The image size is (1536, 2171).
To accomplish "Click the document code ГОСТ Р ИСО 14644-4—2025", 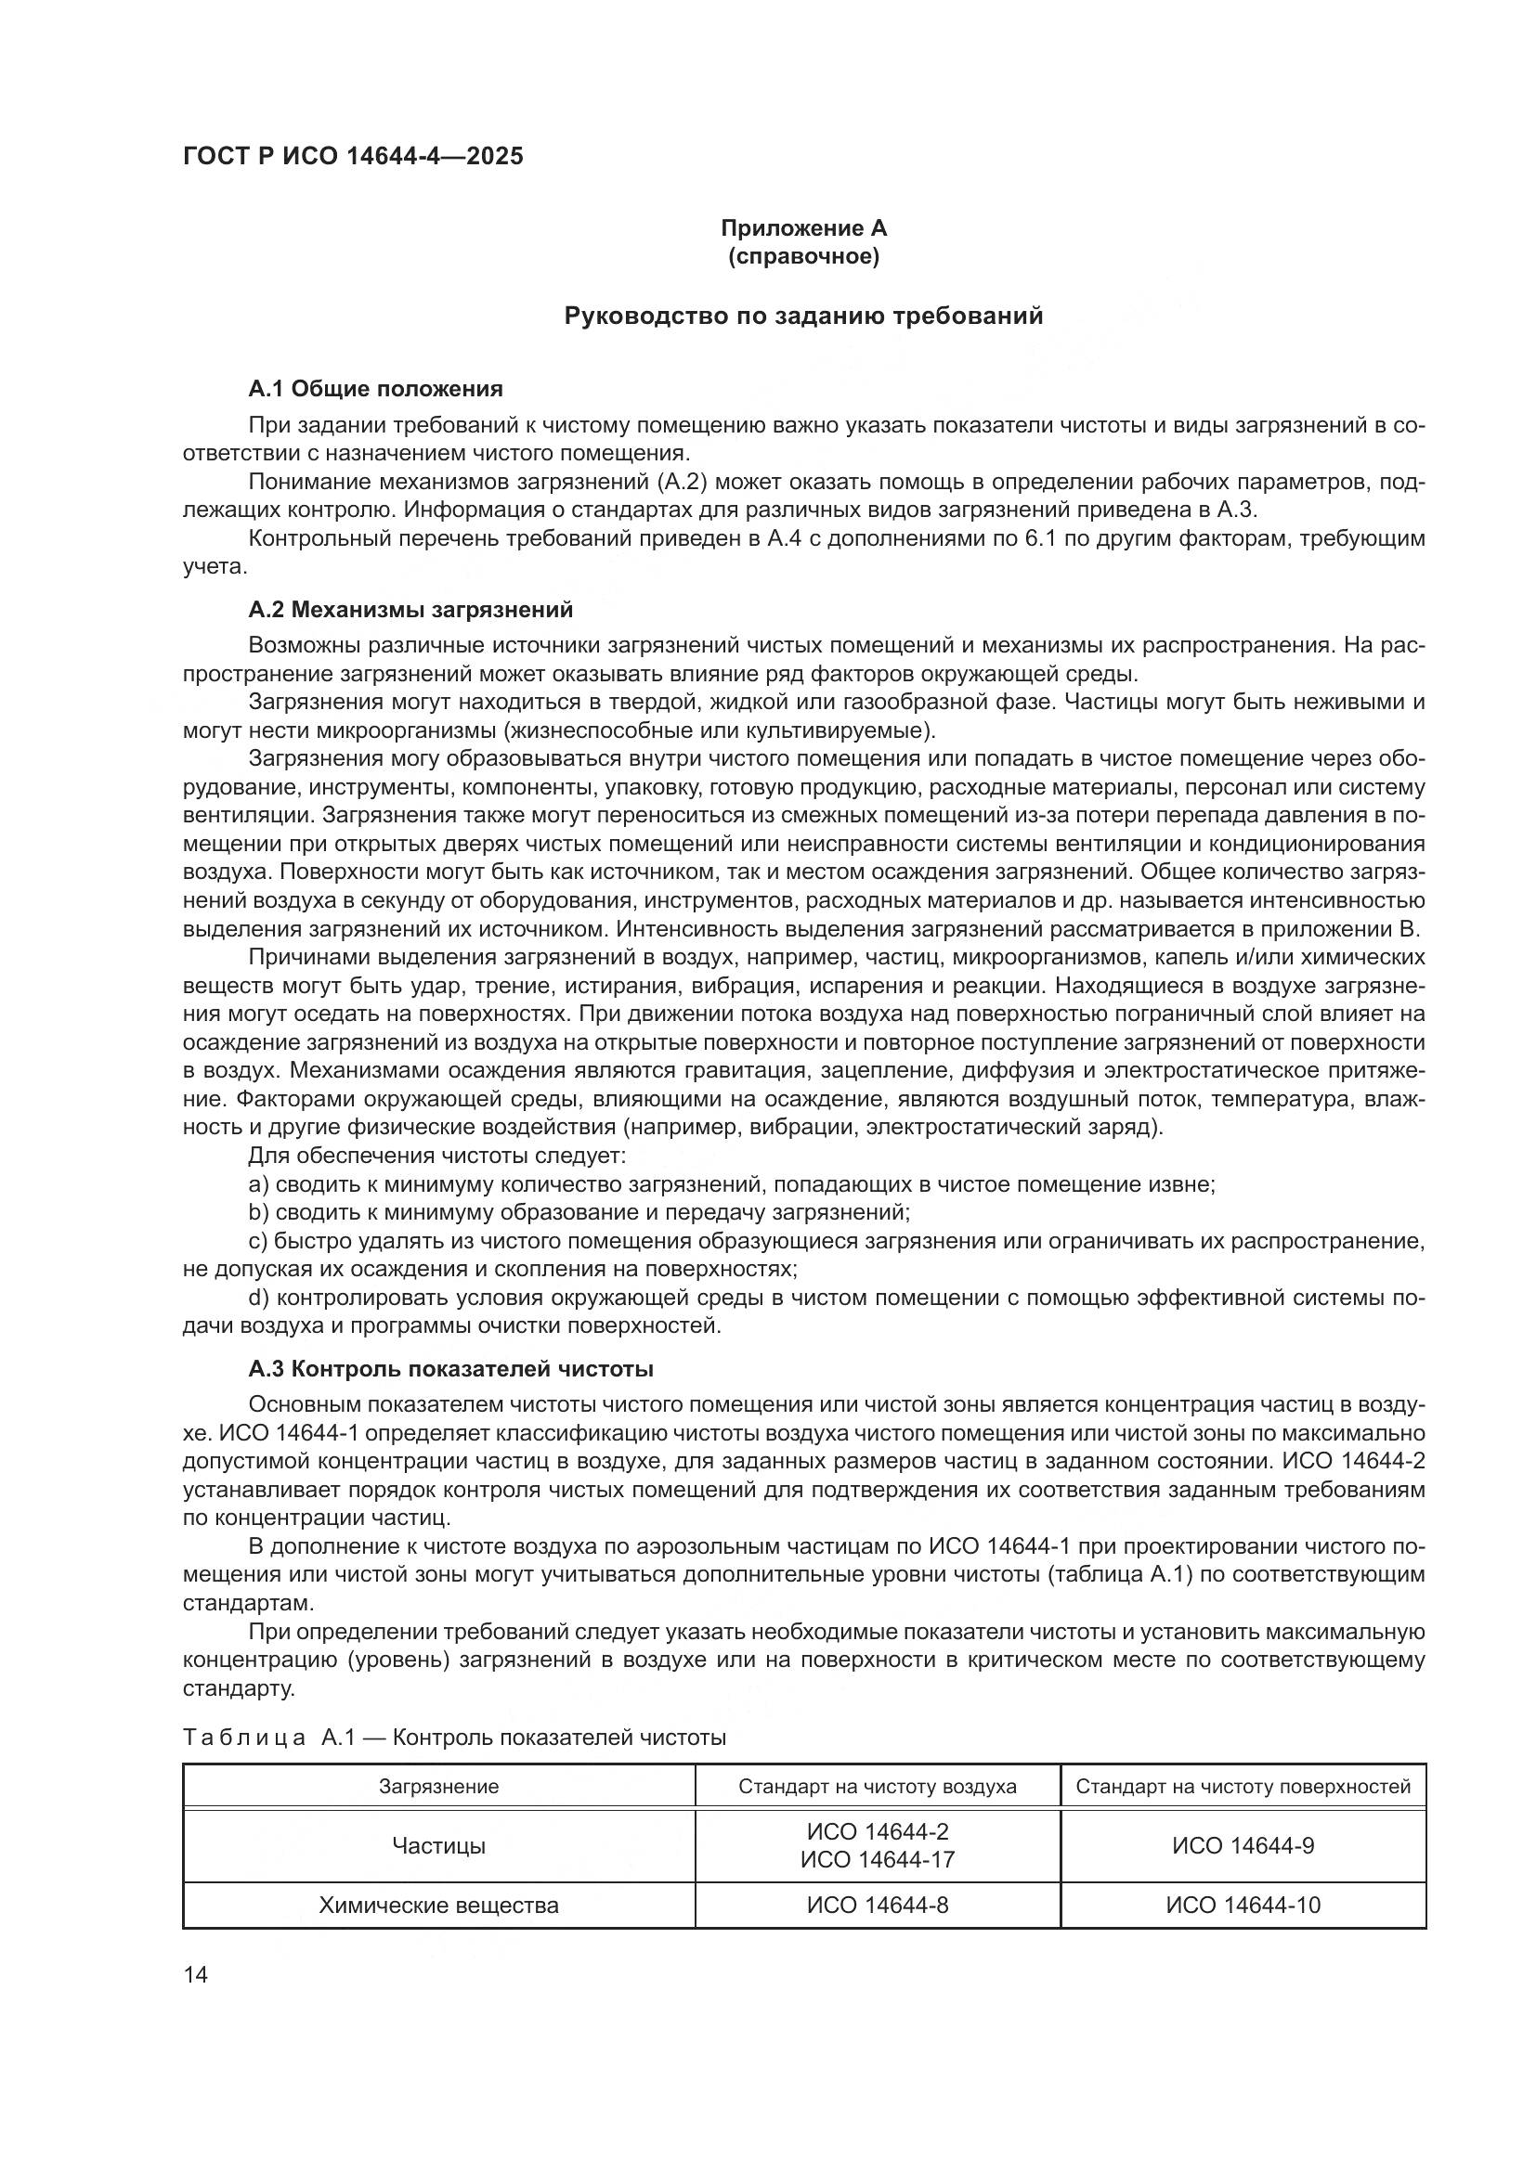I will click(353, 157).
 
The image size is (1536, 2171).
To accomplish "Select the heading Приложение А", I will click(803, 228).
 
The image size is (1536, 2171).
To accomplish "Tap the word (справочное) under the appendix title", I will click(803, 256).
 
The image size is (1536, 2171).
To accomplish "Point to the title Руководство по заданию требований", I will click(803, 316).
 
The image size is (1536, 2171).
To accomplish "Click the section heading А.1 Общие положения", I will click(375, 389).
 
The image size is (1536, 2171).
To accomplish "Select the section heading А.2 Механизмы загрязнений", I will click(410, 610).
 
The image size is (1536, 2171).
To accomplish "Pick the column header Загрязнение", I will click(439, 1786).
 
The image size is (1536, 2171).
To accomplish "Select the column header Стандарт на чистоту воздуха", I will click(877, 1786).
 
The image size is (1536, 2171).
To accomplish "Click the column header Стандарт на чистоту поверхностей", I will click(1243, 1786).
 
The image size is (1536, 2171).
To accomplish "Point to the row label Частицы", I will click(439, 1846).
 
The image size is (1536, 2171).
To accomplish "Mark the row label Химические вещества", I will click(439, 1906).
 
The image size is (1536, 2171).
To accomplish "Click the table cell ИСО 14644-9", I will click(1243, 1846).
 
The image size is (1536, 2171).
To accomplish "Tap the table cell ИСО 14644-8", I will click(877, 1906).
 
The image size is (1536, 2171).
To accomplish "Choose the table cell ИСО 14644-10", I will click(1243, 1906).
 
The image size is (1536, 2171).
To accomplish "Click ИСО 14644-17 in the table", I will click(877, 1860).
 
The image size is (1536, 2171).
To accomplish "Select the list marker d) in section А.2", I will click(258, 1298).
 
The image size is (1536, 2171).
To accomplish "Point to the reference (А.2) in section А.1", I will click(681, 483).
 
